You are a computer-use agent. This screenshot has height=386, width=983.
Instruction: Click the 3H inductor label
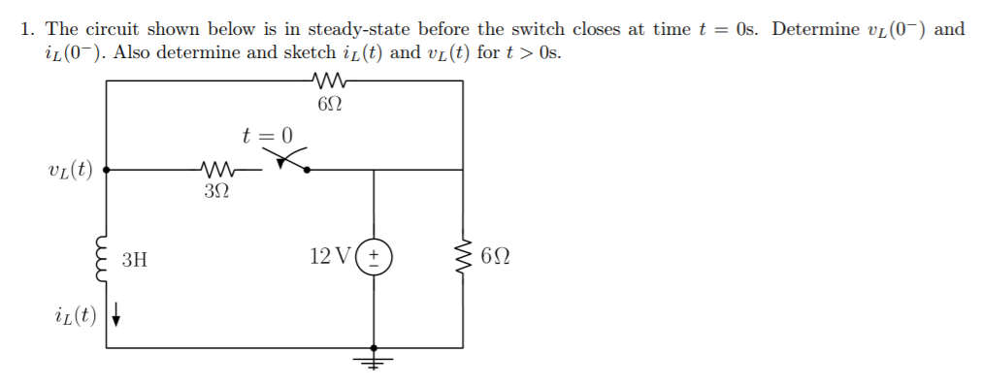pyautogui.click(x=136, y=259)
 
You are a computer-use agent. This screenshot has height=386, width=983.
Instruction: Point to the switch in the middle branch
pyautogui.click(x=291, y=162)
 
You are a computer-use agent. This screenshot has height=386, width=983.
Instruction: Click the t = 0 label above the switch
pyautogui.click(x=266, y=135)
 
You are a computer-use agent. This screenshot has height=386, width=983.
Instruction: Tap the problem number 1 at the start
pyautogui.click(x=26, y=29)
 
